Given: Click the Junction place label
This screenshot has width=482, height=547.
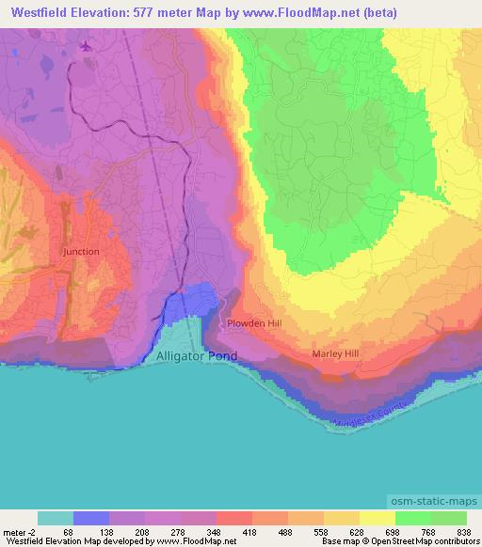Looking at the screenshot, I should pyautogui.click(x=80, y=252).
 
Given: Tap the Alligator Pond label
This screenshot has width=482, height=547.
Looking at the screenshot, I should pyautogui.click(x=197, y=356).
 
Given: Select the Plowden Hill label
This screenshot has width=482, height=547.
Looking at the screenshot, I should pyautogui.click(x=254, y=323).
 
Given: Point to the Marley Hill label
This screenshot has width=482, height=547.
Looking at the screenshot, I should pyautogui.click(x=336, y=354).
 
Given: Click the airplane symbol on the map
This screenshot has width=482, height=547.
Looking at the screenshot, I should pyautogui.click(x=87, y=46).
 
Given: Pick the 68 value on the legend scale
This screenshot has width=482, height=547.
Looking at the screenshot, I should pyautogui.click(x=56, y=531).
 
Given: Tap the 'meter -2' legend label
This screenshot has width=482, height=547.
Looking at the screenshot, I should pyautogui.click(x=19, y=531).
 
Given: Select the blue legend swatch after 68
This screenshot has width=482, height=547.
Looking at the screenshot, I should pyautogui.click(x=91, y=518).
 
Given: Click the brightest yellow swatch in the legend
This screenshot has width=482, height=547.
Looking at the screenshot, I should pyautogui.click(x=377, y=518).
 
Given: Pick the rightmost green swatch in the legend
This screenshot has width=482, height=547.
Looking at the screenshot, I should pyautogui.click(x=449, y=518).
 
